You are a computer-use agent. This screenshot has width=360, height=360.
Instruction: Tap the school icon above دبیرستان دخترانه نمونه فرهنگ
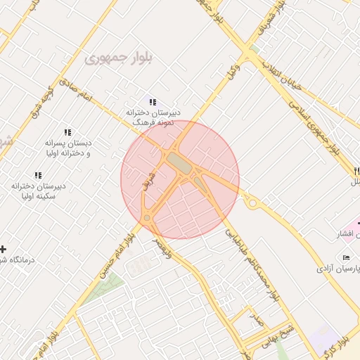(x=153, y=103)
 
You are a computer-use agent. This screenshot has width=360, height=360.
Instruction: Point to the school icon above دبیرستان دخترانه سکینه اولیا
(x=37, y=175)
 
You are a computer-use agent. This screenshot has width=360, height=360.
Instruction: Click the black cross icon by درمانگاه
(x=4, y=249)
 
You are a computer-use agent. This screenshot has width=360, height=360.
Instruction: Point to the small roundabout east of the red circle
(x=253, y=202)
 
